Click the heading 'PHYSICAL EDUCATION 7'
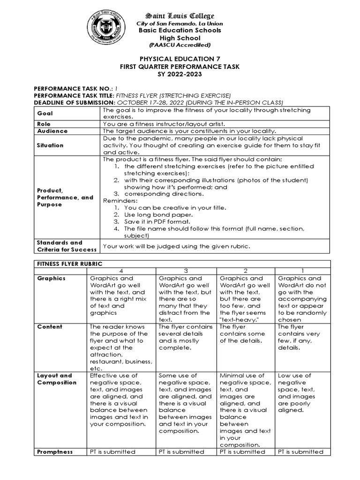(180, 60)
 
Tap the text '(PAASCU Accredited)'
(180, 45)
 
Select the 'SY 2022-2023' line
(180, 75)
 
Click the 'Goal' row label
(45, 113)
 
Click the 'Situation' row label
(51, 145)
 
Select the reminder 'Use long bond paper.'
(154, 214)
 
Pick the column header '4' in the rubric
(121, 271)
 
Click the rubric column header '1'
(303, 271)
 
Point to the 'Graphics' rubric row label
(52, 278)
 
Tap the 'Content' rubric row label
(50, 327)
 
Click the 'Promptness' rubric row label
(55, 452)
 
